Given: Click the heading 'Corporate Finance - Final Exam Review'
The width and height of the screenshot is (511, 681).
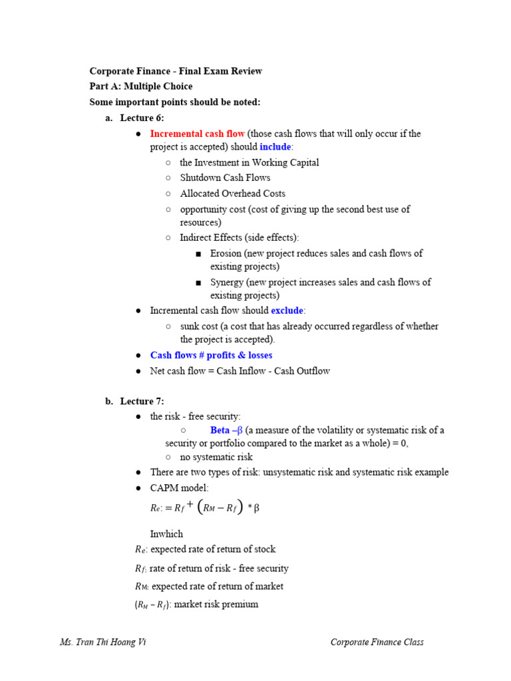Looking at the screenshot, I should [x=176, y=71].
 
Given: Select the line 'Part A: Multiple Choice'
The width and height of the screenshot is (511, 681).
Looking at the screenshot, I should [x=141, y=86].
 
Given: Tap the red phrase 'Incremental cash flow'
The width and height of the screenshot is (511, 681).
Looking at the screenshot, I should [x=197, y=134].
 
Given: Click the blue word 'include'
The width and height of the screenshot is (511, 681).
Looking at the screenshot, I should [x=275, y=147].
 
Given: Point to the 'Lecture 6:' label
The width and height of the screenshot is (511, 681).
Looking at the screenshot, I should [x=142, y=118].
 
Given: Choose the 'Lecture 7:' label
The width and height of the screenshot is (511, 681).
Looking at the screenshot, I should [x=142, y=401].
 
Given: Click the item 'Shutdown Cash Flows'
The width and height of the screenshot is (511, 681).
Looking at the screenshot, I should [x=225, y=178].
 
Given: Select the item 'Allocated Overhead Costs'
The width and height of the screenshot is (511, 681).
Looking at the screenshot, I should [x=232, y=194].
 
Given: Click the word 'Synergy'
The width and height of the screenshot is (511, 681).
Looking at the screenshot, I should [x=227, y=282].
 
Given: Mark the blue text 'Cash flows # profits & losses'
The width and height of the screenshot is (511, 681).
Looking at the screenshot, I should [x=211, y=355].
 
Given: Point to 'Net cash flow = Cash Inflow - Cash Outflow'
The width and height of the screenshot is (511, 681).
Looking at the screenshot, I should [x=240, y=371].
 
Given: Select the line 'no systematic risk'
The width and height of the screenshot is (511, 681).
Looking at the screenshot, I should [x=216, y=457].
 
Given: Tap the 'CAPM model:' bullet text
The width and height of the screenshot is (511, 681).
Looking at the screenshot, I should [x=179, y=488].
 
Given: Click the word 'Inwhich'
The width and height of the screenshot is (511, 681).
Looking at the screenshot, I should [x=166, y=534].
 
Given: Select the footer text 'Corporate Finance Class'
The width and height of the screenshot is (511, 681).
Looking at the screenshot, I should [x=377, y=642].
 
